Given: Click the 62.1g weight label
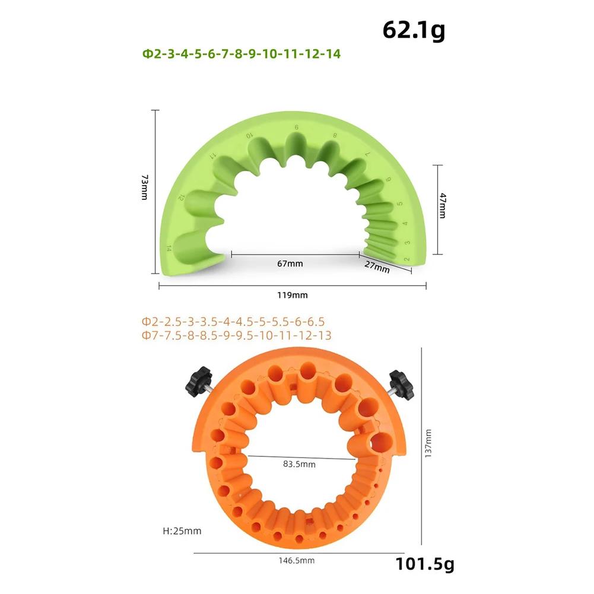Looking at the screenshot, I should coord(413,30).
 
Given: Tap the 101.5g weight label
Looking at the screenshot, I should coord(424,563).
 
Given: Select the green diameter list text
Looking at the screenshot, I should coord(241,54).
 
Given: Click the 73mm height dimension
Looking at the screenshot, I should coord(144,188).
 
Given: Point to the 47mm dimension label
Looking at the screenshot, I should coord(441,208).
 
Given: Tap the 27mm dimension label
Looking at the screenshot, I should coord(378,268).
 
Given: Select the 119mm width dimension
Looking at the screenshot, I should coord(293,294).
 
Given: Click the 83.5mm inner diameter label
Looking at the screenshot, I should coord(300,464).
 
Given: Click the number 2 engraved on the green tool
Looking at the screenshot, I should coord(407,259).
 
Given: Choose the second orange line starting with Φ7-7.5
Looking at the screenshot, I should coord(236,335).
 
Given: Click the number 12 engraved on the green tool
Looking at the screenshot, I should coord(182,198).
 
